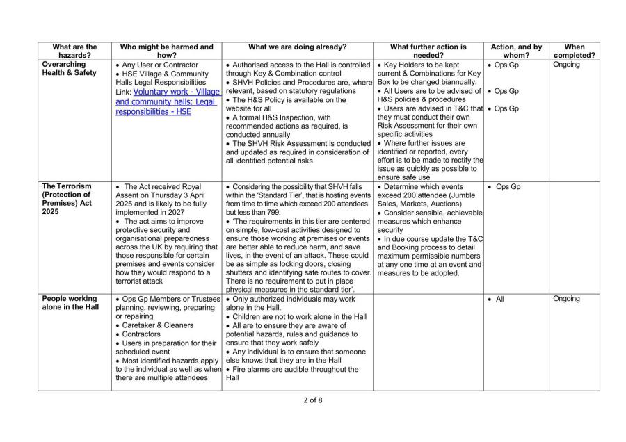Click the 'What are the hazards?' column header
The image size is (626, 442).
(x=74, y=51)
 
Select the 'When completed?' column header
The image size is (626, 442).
(x=574, y=51)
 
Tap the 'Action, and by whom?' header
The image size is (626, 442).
(x=516, y=51)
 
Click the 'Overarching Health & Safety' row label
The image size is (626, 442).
(x=72, y=69)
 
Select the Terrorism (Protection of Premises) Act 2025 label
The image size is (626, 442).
(x=72, y=199)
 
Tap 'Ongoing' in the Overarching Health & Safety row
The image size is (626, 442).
(x=566, y=65)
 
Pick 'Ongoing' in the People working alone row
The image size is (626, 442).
(x=566, y=299)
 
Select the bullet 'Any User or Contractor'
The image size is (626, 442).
(x=161, y=65)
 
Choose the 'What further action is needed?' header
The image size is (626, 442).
(x=428, y=51)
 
